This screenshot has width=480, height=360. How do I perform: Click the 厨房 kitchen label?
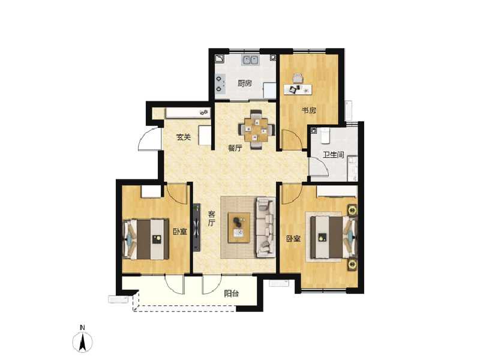244,83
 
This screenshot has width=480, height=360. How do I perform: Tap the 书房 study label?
308,110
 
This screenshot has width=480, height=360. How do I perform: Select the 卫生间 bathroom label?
334,155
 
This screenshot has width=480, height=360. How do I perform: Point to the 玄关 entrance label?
184,137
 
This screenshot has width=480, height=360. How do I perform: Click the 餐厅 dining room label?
235,148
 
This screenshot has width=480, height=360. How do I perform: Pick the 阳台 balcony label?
232,294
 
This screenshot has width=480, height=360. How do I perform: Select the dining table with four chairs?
258,128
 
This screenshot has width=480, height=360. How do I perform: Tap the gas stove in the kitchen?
220,83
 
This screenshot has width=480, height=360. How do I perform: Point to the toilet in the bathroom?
325,136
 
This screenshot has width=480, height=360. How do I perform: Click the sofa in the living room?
265,227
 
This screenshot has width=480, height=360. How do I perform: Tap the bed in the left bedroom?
146,239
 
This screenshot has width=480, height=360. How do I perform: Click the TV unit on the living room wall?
196,229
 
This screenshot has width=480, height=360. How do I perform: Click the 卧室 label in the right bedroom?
293,239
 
